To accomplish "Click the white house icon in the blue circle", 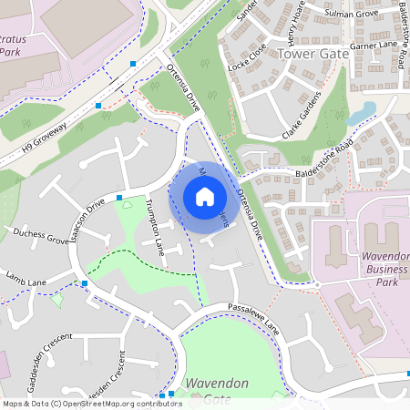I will click(x=205, y=197).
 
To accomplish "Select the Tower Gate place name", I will click(x=313, y=54).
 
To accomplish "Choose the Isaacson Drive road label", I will click(x=85, y=215).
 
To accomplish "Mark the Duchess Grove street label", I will click(x=40, y=237).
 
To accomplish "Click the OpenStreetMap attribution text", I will click(x=91, y=403).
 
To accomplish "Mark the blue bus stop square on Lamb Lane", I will click(x=85, y=283).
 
